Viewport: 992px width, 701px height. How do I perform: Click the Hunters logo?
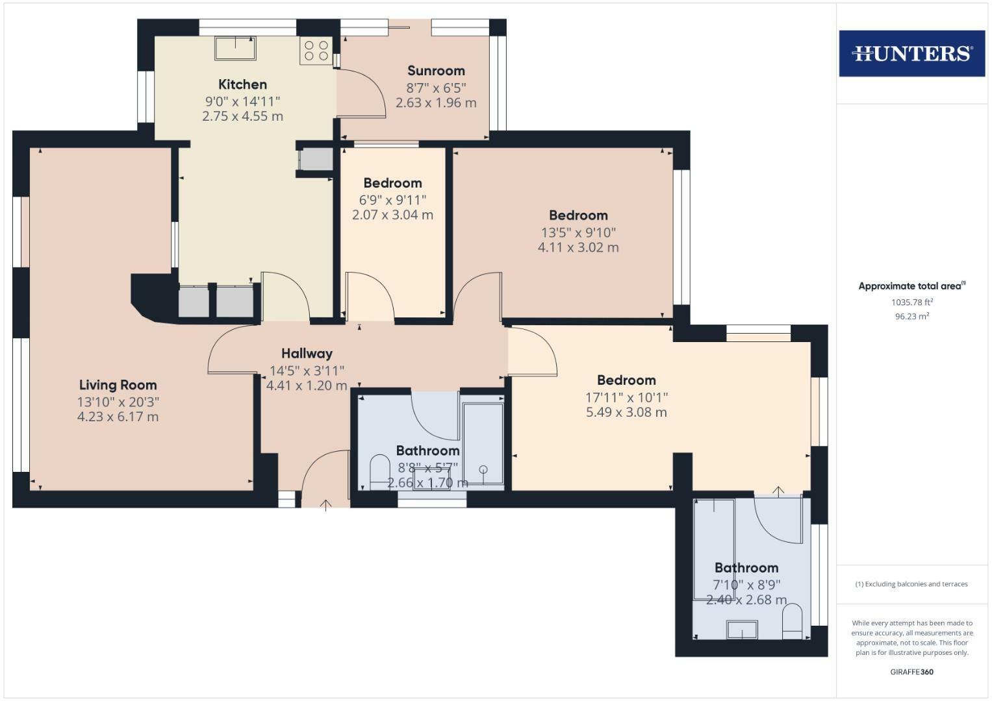click(911, 53)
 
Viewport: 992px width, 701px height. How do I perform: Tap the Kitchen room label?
click(242, 84)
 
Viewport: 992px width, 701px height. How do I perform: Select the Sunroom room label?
click(436, 71)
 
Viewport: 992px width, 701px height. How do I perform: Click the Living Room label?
click(118, 385)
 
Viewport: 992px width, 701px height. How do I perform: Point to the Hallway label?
click(307, 354)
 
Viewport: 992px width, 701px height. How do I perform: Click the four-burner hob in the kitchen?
click(316, 51)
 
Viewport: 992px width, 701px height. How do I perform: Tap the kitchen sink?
click(235, 48)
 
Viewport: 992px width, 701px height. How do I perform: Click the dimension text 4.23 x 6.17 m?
click(118, 417)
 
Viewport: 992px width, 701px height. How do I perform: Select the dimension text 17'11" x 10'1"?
click(626, 397)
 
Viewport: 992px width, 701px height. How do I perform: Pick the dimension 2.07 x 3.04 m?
click(392, 215)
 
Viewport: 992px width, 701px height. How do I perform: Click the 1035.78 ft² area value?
click(911, 302)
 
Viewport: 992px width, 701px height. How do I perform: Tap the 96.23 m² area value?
click(911, 317)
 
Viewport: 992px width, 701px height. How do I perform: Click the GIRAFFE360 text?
click(911, 672)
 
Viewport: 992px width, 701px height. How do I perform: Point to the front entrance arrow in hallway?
click(325, 504)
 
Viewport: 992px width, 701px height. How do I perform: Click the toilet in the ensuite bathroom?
click(793, 621)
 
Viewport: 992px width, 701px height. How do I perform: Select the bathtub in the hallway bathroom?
click(483, 443)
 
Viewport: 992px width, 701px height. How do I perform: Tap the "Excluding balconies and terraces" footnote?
click(911, 584)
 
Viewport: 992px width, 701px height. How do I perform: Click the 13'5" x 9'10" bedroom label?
click(578, 232)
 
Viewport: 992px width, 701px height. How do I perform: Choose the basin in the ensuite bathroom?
click(742, 629)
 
